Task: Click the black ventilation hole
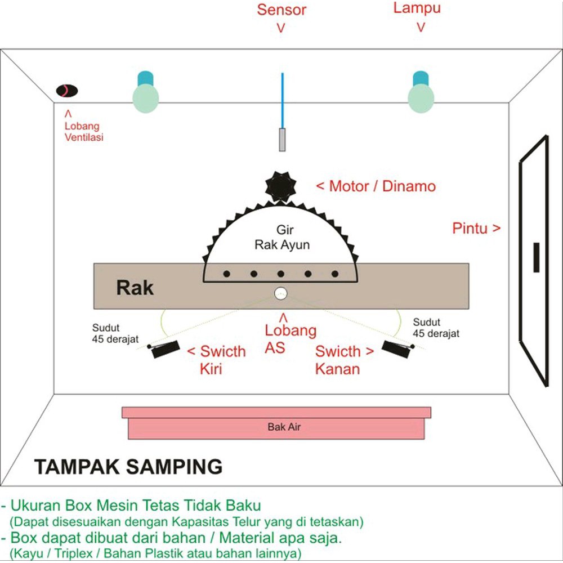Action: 66,90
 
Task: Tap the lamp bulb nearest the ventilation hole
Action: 146,97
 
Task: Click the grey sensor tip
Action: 282,140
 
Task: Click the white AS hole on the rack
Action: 280,293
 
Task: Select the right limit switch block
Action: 397,347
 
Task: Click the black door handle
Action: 537,257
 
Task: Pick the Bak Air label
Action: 284,427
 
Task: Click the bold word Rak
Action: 135,288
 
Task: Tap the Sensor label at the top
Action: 281,10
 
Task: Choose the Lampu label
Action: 417,8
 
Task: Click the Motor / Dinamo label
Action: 376,186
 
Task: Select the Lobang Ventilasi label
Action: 83,131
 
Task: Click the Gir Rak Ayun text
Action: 282,237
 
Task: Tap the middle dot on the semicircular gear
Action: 280,274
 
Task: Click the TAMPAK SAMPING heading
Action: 128,467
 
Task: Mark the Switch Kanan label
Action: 343,360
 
